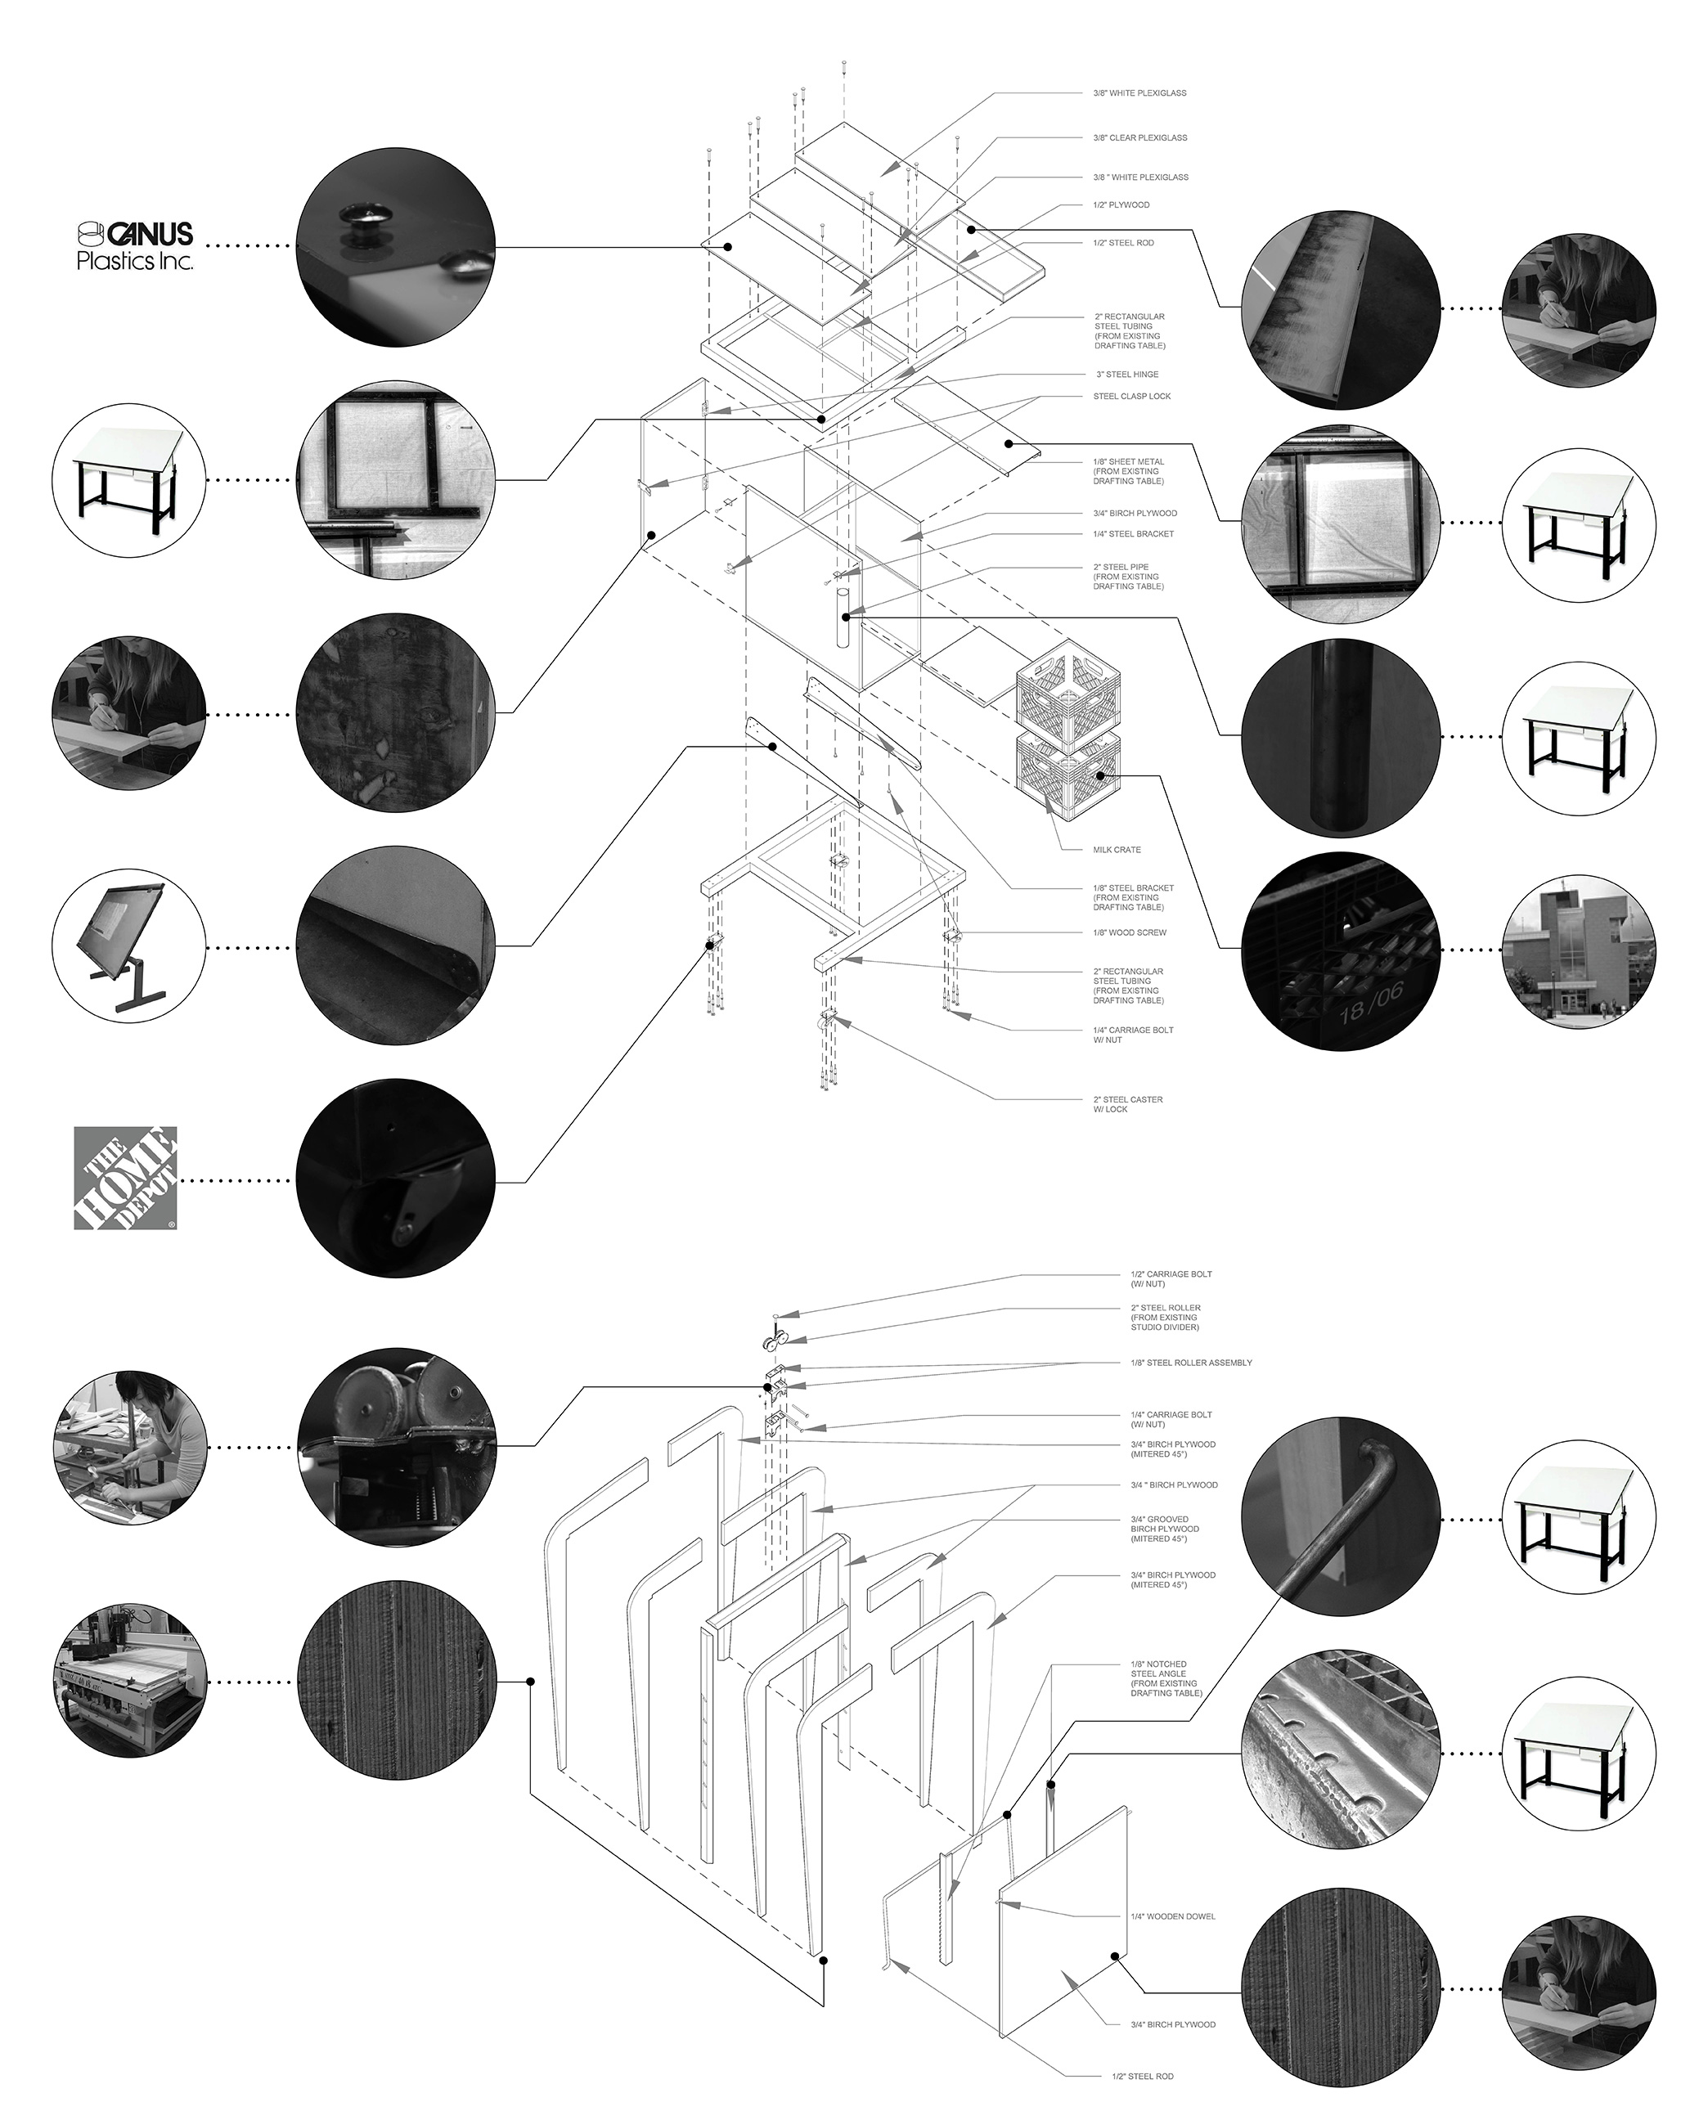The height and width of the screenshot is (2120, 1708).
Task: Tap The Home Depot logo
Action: click(125, 1179)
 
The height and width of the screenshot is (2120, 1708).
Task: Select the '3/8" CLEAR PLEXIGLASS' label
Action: click(1139, 137)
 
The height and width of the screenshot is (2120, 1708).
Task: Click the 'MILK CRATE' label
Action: click(1117, 849)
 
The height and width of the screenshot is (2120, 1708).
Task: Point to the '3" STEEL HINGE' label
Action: click(1126, 374)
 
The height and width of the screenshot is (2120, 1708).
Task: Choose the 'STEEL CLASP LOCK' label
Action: click(1131, 397)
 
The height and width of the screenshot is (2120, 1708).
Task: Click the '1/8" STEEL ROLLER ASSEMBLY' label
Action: click(1190, 1363)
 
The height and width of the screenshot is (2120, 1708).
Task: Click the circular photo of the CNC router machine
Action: click(129, 1682)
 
